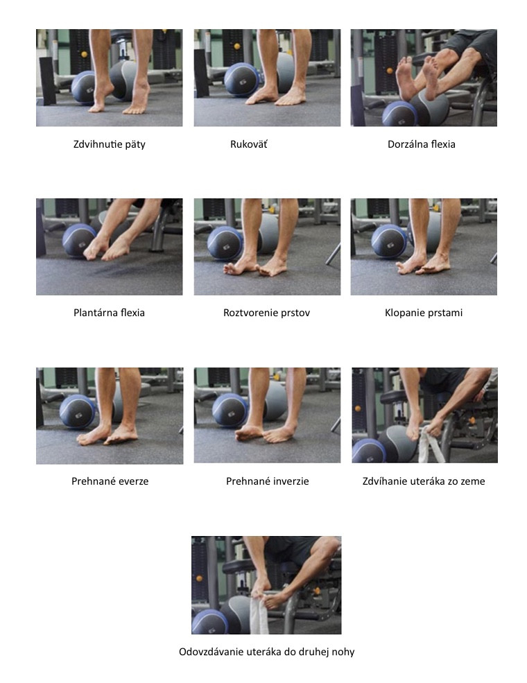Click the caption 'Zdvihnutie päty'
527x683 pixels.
click(x=110, y=145)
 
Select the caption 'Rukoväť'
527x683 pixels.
click(x=249, y=144)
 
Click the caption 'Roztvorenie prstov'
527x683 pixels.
click(x=266, y=313)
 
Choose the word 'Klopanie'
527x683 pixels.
click(x=402, y=313)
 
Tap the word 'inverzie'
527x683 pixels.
click(x=291, y=481)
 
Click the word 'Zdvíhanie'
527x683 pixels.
click(x=382, y=481)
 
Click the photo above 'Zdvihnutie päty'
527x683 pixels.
click(x=110, y=78)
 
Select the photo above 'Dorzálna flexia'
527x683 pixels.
click(x=424, y=78)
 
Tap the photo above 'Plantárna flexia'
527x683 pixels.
click(x=110, y=247)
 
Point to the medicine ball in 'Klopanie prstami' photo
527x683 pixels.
click(x=389, y=241)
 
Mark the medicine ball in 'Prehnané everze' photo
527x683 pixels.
click(x=78, y=412)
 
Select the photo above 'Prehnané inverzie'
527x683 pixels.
click(x=267, y=415)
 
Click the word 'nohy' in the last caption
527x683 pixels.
click(x=343, y=652)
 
